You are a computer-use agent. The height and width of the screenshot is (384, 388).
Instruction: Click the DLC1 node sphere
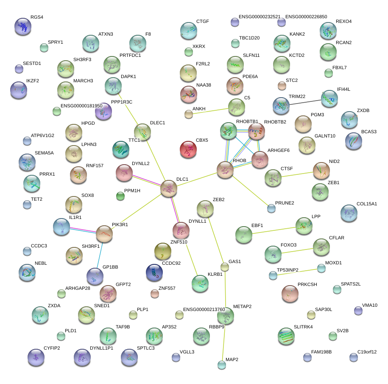click(169, 189)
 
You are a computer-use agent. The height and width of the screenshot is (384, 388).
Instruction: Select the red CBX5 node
click(188, 150)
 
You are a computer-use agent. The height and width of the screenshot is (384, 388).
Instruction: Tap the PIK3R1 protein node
click(104, 234)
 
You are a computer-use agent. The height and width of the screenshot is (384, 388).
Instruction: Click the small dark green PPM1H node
click(120, 196)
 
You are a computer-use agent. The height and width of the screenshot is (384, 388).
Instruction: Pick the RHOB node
click(225, 169)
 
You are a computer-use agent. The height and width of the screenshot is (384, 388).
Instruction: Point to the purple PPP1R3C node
click(103, 112)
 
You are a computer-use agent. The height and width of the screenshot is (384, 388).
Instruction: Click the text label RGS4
click(37, 17)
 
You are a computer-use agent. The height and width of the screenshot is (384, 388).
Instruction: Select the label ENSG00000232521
click(260, 17)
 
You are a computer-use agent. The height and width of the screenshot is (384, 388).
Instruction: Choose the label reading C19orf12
click(367, 352)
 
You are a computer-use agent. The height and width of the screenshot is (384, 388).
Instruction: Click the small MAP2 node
click(222, 364)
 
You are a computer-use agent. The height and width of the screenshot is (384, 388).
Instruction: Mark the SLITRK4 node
click(287, 336)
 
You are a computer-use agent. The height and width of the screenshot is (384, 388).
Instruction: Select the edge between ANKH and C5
click(212, 110)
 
